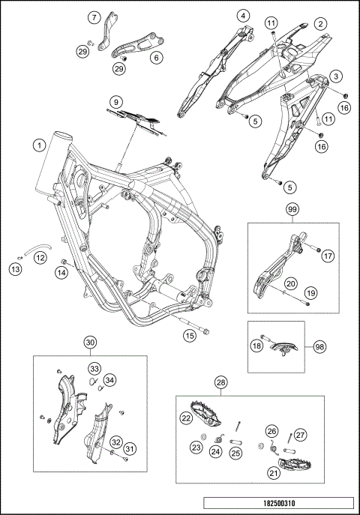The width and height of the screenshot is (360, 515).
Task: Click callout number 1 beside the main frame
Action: pyautogui.click(x=40, y=145)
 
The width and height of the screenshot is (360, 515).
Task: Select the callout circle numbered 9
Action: pyautogui.click(x=116, y=102)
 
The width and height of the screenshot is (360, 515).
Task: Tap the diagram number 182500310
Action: pyautogui.click(x=279, y=503)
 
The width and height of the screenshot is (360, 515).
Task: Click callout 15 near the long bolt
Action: pyautogui.click(x=190, y=335)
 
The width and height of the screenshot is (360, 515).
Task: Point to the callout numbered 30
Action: pyautogui.click(x=90, y=343)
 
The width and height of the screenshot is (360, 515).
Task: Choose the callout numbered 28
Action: pyautogui.click(x=221, y=382)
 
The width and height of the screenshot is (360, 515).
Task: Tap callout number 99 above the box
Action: pyautogui.click(x=292, y=209)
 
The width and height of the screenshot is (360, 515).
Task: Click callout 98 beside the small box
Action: pyautogui.click(x=319, y=347)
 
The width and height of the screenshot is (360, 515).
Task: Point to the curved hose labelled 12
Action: pyautogui.click(x=37, y=249)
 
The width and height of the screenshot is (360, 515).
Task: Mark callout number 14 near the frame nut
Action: pyautogui.click(x=61, y=272)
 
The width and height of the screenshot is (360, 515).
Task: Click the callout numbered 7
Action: pyautogui.click(x=94, y=17)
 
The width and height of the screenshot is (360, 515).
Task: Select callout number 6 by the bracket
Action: pyautogui.click(x=156, y=58)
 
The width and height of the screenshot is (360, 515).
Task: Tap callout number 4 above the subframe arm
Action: pyautogui.click(x=243, y=16)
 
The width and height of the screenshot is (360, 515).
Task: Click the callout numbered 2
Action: pyautogui.click(x=320, y=24)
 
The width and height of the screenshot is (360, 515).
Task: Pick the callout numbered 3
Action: pyautogui.click(x=336, y=76)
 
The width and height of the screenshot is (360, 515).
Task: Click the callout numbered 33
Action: pyautogui.click(x=94, y=369)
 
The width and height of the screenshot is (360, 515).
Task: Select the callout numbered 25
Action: pyautogui.click(x=235, y=454)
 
